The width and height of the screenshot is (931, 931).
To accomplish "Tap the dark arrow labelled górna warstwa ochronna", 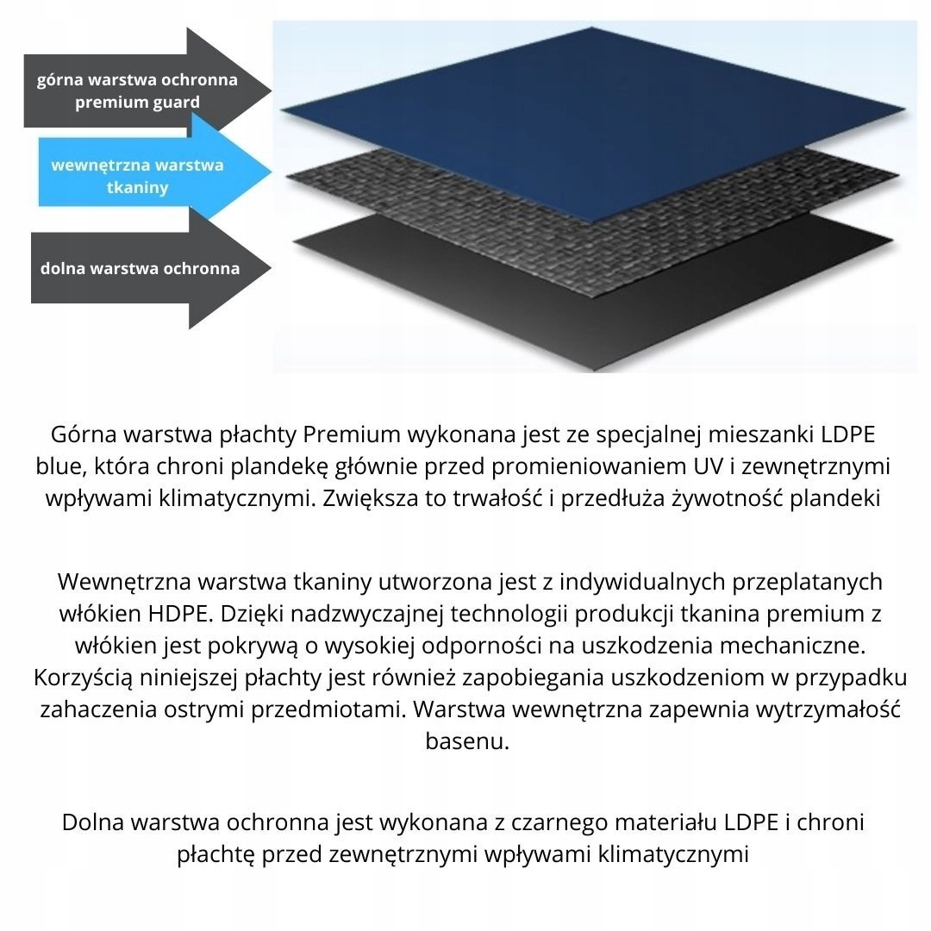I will (138, 80).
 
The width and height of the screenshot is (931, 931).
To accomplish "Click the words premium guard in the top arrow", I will (138, 103).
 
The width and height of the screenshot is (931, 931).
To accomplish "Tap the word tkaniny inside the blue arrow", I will (138, 187).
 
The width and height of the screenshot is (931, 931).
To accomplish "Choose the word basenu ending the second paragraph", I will (467, 740).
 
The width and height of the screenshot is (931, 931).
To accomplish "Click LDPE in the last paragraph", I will (740, 822).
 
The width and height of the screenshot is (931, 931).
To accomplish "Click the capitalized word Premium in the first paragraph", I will (353, 434).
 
